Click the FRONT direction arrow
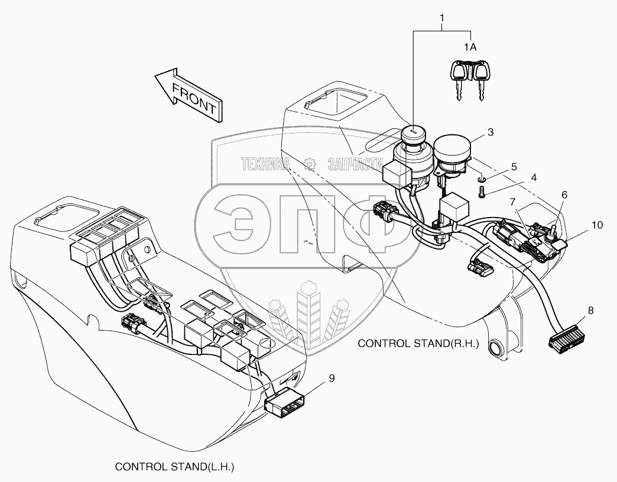188,95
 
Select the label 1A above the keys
470,47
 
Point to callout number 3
491,132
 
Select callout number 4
534,177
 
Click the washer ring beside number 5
482,178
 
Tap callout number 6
564,194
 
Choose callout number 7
512,203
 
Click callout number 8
591,309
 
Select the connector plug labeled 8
564,341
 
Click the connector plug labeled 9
285,404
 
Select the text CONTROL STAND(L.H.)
174,467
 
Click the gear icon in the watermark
308,164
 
